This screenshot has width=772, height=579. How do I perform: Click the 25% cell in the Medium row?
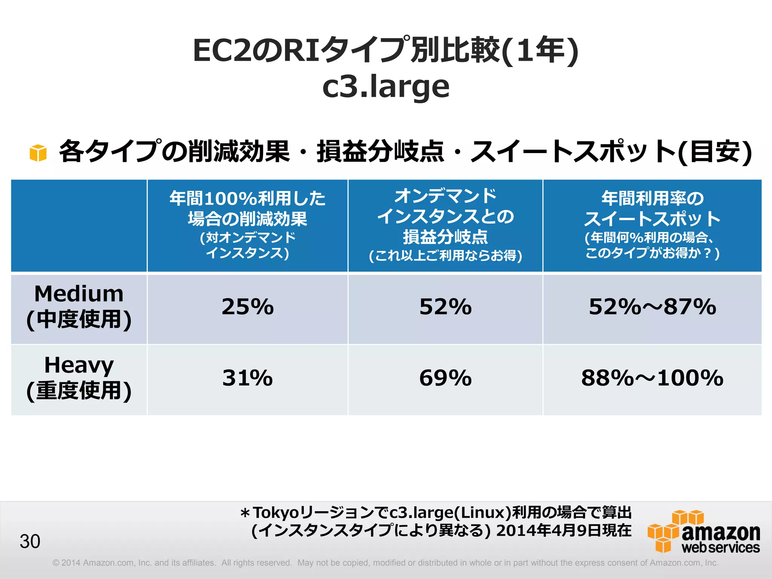point(247,307)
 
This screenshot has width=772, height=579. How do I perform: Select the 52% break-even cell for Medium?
point(445,307)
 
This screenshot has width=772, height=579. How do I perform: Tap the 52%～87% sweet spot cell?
point(652,307)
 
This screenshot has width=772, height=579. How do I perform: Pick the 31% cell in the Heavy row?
point(247,378)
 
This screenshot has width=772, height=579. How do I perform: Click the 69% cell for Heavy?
point(445,378)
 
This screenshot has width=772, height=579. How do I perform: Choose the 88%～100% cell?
point(652,378)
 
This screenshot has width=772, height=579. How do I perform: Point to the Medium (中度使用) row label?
point(79,307)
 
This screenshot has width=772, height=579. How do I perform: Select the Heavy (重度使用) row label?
point(79,378)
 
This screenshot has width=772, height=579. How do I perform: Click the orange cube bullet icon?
point(38,153)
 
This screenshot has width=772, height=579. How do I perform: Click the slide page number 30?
point(30,542)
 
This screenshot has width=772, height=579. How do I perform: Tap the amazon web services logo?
point(704,532)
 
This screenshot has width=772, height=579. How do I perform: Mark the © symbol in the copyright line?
point(56,563)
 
